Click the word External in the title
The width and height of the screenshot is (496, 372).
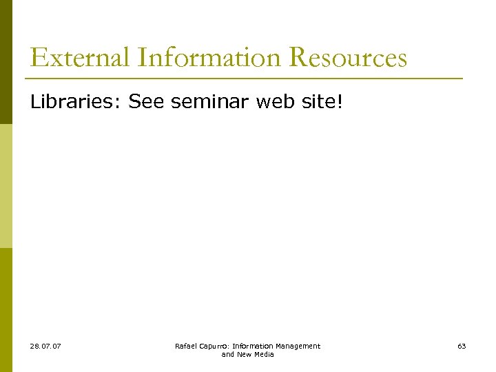[81, 57]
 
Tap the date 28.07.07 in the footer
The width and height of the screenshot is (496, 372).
[45, 346]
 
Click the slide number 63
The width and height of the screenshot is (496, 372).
[462, 346]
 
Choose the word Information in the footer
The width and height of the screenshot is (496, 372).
[256, 346]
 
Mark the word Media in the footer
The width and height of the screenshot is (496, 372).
[264, 354]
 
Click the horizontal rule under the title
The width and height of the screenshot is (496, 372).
[245, 78]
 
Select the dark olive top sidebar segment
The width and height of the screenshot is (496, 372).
[6, 62]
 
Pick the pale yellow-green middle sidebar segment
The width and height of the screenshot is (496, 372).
[6, 186]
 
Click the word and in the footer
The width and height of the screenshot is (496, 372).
[228, 354]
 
